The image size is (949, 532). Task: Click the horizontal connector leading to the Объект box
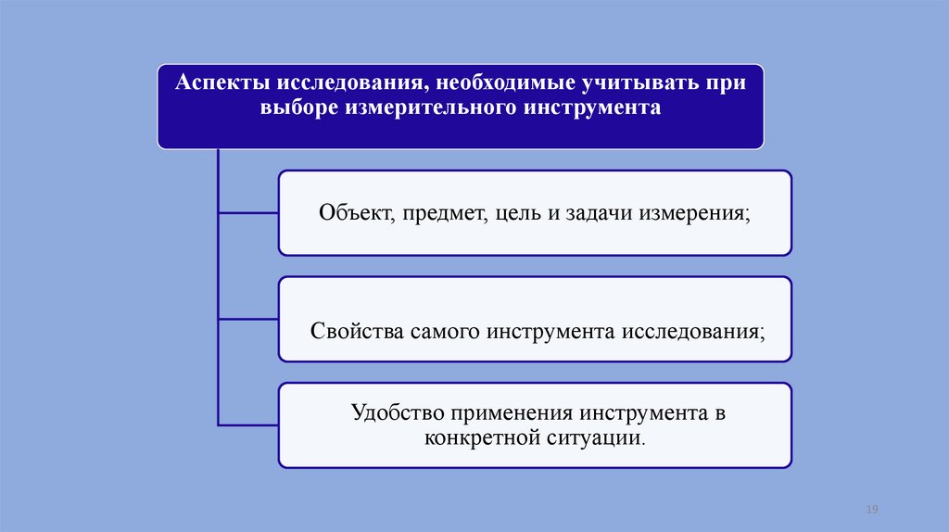[248, 212]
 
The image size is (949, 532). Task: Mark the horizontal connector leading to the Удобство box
[248, 424]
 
